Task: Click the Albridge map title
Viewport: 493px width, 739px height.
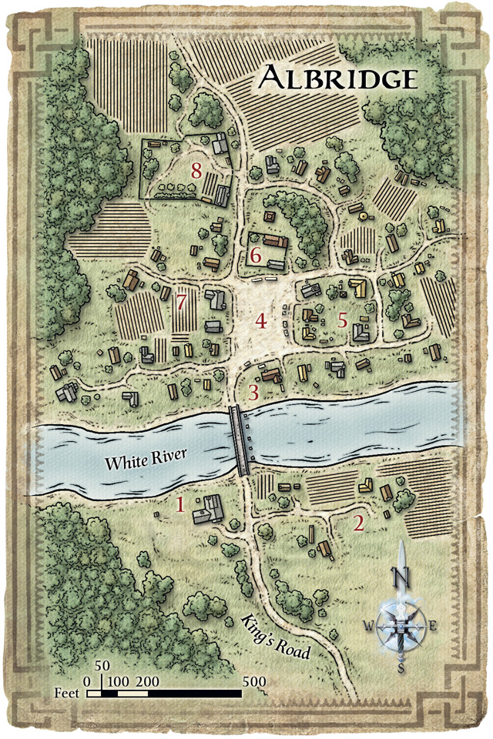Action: point(338,79)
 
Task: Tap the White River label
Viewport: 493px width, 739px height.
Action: point(141,463)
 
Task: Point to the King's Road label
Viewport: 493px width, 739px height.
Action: point(277,638)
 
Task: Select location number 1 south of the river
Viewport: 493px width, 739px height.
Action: point(180,505)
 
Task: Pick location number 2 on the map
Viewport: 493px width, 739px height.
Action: point(358,523)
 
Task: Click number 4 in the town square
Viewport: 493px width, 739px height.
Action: point(261,321)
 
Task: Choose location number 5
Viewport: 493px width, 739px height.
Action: point(343,320)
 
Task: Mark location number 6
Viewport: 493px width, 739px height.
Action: point(257,255)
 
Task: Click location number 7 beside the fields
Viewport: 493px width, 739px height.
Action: point(182,302)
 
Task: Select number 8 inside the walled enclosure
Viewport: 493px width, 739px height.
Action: point(196,170)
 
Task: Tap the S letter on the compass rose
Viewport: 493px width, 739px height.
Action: point(401,668)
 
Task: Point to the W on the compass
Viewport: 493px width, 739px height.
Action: point(367,626)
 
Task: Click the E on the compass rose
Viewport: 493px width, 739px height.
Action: point(433,625)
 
